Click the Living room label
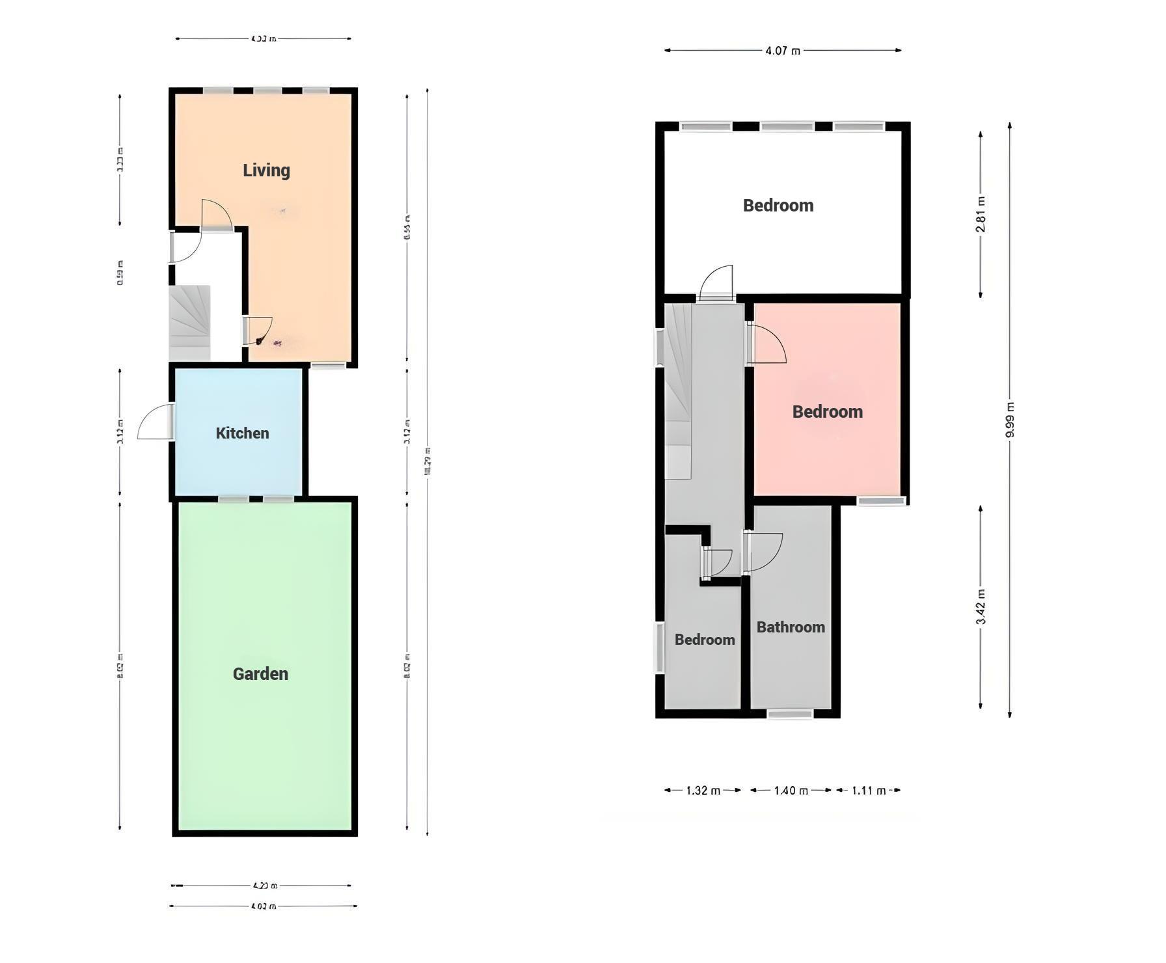(x=266, y=170)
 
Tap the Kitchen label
(x=242, y=433)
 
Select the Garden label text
(x=260, y=674)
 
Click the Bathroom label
(x=791, y=627)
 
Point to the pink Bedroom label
(x=827, y=412)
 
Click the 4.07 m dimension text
(x=783, y=50)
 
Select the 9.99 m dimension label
(x=1010, y=420)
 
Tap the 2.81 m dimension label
(x=981, y=214)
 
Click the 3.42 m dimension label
(x=981, y=606)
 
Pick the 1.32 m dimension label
(x=703, y=791)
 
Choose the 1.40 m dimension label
(x=791, y=791)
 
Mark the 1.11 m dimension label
(x=869, y=791)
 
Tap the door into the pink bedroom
(x=768, y=345)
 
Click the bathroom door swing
(x=763, y=552)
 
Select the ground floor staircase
(x=189, y=323)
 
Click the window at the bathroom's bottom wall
(x=790, y=714)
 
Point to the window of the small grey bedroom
(x=659, y=647)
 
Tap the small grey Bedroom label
(x=705, y=640)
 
